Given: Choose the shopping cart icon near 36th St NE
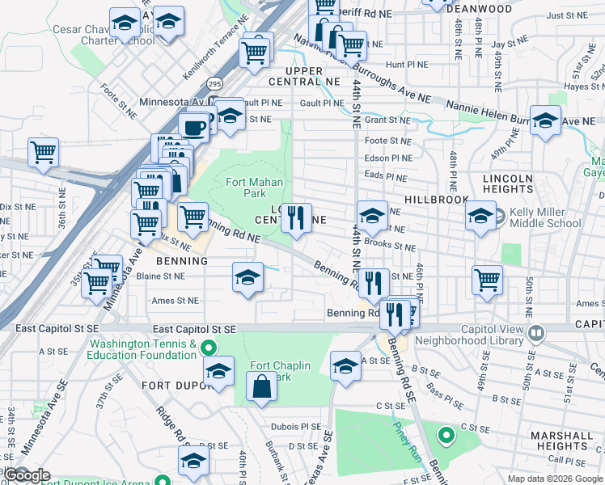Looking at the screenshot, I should [43, 151].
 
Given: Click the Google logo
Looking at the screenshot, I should [27, 475].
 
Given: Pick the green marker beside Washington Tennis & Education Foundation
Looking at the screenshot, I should [209, 349].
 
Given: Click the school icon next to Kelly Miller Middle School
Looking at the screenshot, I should [480, 216].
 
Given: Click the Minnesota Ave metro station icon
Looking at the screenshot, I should [214, 102].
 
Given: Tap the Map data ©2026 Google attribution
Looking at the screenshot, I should [554, 479].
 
